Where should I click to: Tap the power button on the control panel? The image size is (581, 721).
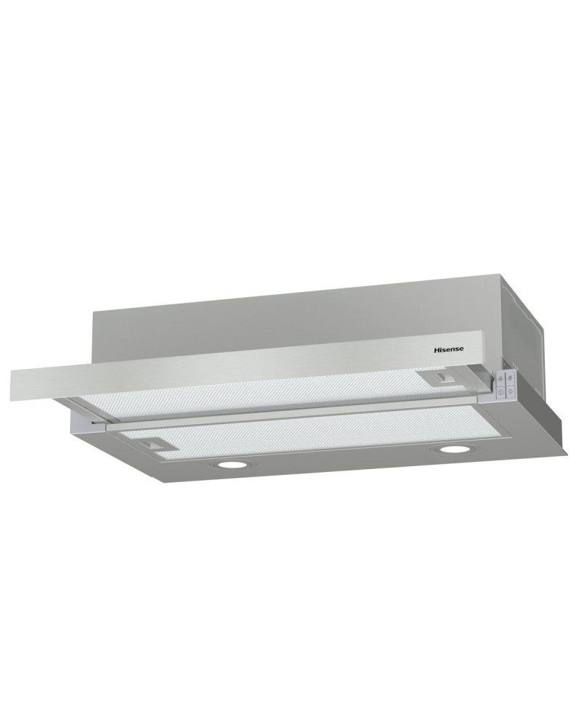501,393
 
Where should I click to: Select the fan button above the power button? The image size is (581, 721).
501,379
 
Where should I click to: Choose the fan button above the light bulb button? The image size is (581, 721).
511,378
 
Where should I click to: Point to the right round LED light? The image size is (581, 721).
452,452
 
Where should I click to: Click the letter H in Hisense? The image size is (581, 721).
437,349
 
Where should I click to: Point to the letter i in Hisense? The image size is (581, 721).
443,349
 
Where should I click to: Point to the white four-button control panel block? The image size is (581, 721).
505,385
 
